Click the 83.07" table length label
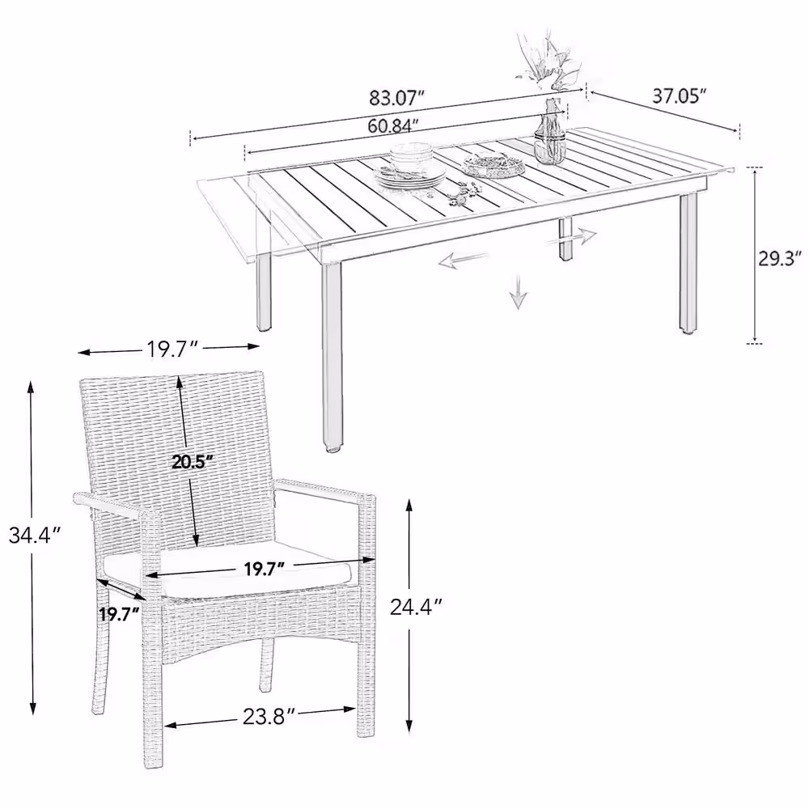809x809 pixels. coord(396,97)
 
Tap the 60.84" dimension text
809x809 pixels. coord(392,125)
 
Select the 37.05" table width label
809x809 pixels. coord(679,96)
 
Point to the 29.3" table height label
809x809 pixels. coord(780,258)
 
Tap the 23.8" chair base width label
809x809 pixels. coord(269,716)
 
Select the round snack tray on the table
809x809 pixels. coord(493,166)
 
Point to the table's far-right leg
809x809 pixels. coord(688,261)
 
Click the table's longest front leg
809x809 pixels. coord(332,356)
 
